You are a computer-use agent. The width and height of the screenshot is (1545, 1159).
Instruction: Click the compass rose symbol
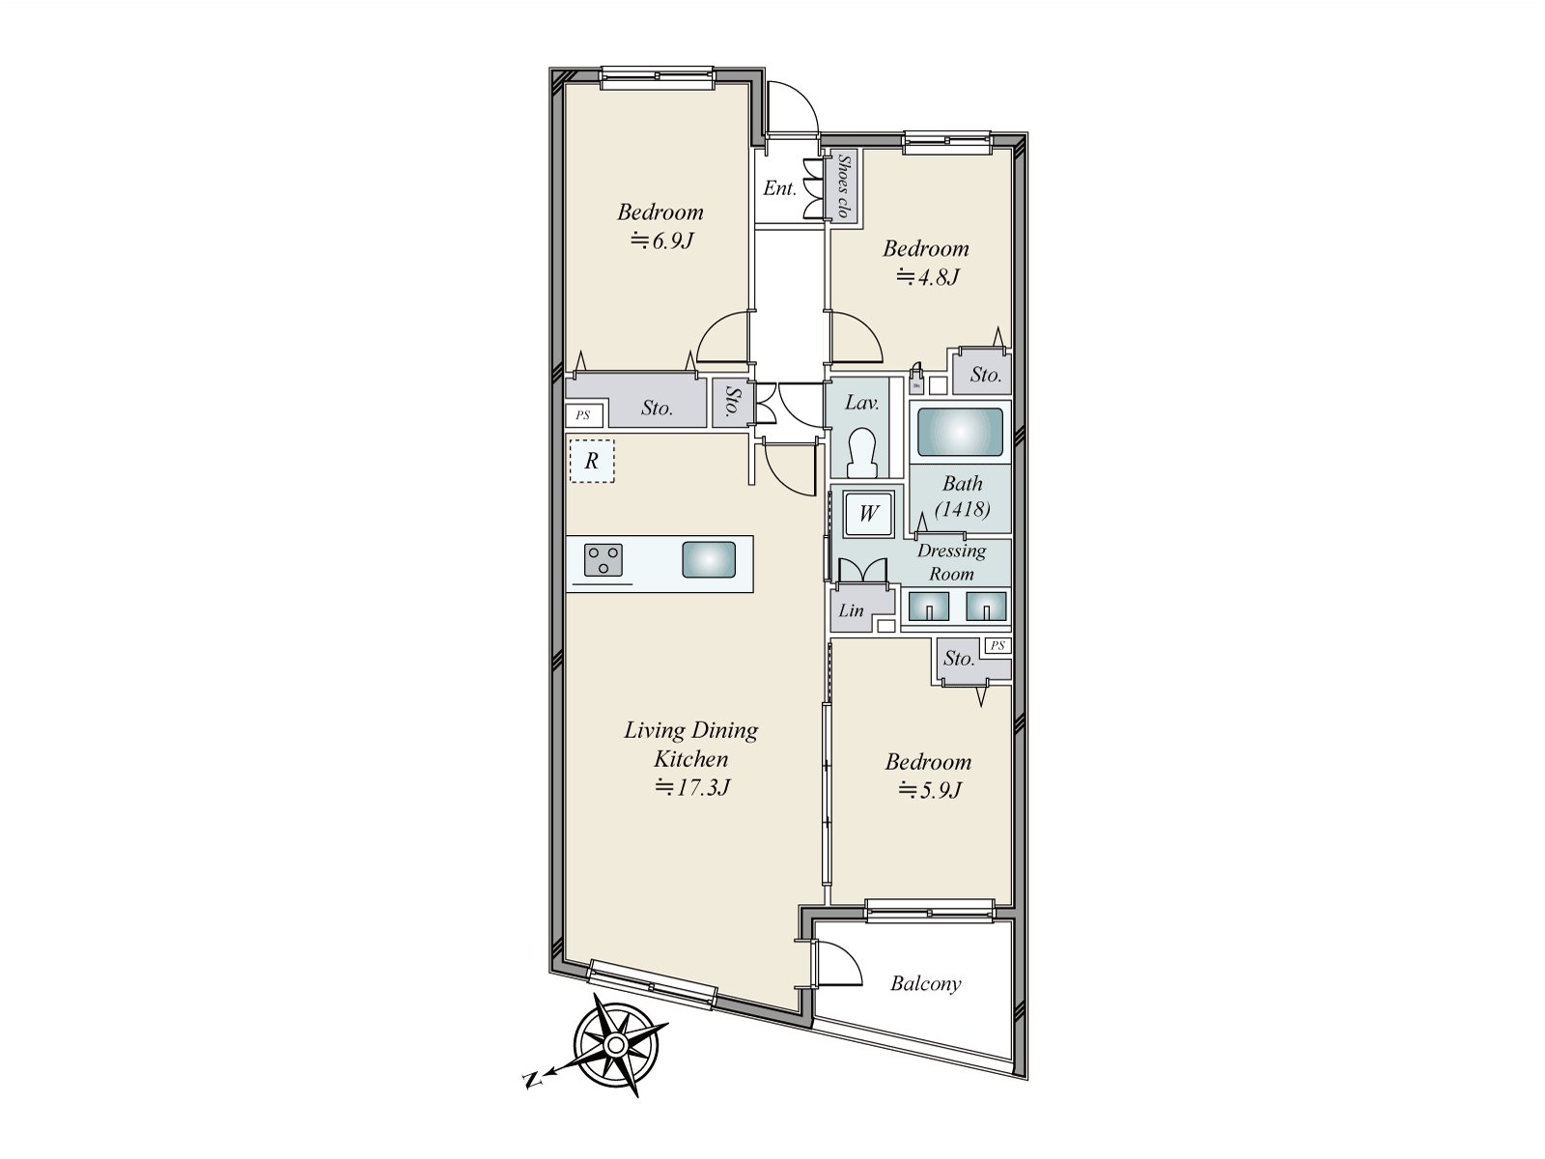click(619, 1046)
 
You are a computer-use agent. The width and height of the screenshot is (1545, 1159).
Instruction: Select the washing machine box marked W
click(868, 514)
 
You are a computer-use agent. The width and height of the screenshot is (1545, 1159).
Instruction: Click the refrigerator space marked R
click(591, 462)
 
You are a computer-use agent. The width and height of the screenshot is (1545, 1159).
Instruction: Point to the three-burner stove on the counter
click(604, 560)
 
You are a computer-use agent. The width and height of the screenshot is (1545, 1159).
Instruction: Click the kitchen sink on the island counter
click(709, 560)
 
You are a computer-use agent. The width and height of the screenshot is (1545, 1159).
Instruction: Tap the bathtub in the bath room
click(959, 432)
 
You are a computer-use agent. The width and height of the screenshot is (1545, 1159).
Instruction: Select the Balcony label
click(925, 984)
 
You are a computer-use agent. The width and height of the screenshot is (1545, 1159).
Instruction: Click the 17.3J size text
click(691, 788)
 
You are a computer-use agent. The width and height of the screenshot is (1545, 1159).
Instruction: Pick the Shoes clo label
click(843, 185)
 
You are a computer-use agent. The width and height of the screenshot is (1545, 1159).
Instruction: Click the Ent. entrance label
click(779, 188)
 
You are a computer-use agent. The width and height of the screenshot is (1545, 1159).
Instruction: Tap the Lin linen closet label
click(851, 610)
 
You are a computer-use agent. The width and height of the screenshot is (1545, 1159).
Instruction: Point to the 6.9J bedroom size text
click(661, 240)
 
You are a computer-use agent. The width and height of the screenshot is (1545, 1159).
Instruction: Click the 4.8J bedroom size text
click(927, 277)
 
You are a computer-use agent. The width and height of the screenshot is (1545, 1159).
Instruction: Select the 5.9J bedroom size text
click(929, 790)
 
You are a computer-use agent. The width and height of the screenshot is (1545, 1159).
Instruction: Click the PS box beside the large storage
click(583, 415)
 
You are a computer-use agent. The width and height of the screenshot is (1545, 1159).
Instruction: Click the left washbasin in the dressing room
click(928, 606)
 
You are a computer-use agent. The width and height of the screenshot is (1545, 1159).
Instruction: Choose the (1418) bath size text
click(963, 509)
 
